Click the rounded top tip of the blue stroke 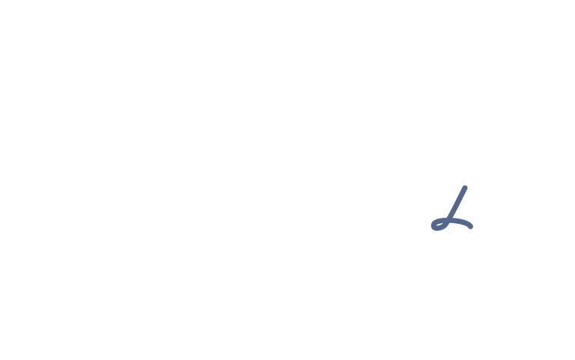tap(465, 188)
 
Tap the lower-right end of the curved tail tap(471, 228)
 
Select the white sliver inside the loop tap(439, 225)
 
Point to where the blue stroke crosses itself tap(449, 220)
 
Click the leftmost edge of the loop tap(431, 225)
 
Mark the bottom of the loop tap(437, 230)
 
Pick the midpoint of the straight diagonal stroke tap(457, 204)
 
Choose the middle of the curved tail tap(462, 222)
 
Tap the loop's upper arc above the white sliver tap(439, 220)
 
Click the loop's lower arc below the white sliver tap(439, 228)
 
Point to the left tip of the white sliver tap(436, 225)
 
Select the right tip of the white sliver tap(443, 224)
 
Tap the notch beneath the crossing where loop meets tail tap(449, 224)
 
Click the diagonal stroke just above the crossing tap(452, 214)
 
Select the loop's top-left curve tap(434, 221)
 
